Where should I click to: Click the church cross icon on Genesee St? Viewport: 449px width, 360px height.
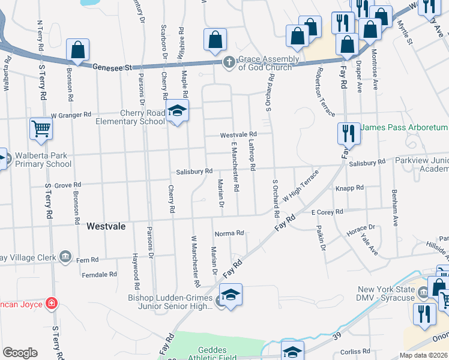pyautogui.click(x=229, y=62)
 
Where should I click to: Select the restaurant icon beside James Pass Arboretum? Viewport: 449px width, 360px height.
pyautogui.click(x=348, y=132)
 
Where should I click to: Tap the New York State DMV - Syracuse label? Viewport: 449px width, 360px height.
pyautogui.click(x=394, y=294)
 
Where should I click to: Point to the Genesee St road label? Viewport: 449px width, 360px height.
pyautogui.click(x=112, y=69)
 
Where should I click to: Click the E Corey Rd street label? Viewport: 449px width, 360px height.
pyautogui.click(x=327, y=212)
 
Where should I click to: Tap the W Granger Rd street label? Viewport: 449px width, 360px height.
pyautogui.click(x=71, y=114)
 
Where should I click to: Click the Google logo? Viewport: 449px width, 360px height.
pyautogui.click(x=20, y=353)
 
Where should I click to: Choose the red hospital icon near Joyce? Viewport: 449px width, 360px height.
pyautogui.click(x=53, y=304)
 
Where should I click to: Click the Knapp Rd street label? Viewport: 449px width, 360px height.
pyautogui.click(x=350, y=188)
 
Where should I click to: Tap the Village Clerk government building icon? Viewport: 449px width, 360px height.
pyautogui.click(x=65, y=258)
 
